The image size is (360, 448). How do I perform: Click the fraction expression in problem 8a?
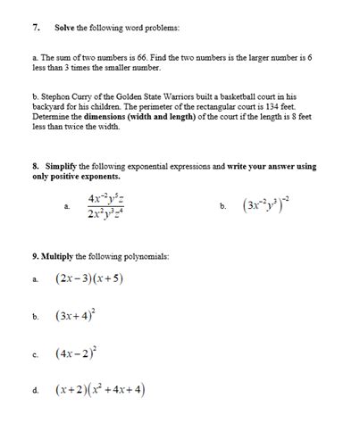106,206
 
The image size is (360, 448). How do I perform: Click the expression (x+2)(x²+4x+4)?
99,389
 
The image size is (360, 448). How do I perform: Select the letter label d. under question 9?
35,391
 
